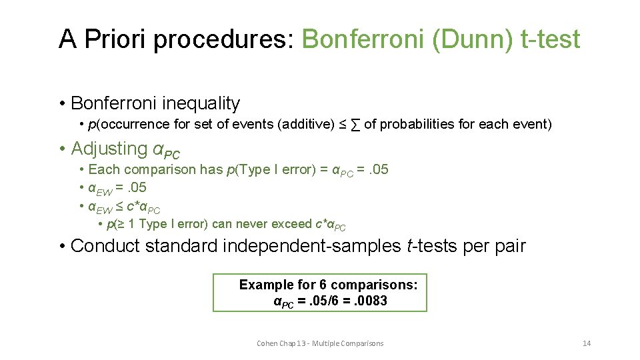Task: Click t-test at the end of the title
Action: [x=550, y=39]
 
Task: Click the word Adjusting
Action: [x=109, y=148]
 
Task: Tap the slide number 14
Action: [x=587, y=343]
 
